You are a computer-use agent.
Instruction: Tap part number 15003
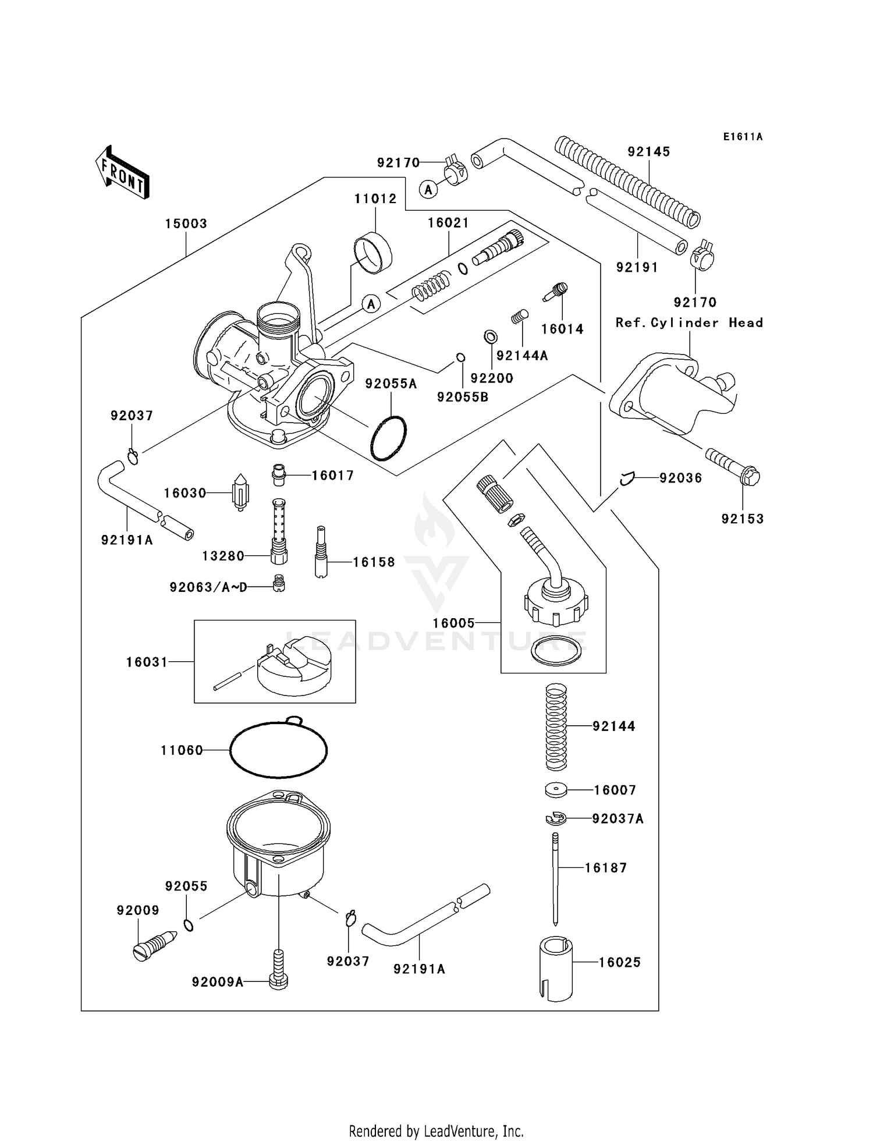point(186,224)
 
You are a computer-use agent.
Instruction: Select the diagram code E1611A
point(743,137)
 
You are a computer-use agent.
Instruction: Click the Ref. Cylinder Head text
point(689,322)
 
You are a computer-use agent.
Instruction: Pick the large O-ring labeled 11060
point(278,750)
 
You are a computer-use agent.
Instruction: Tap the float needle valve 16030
point(240,492)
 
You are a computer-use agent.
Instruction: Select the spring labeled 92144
point(556,726)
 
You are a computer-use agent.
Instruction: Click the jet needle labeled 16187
point(556,879)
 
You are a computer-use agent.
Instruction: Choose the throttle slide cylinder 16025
point(556,969)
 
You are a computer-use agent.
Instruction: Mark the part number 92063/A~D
point(208,587)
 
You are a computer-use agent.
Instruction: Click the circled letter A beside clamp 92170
point(428,189)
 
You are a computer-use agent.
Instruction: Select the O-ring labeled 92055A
point(388,438)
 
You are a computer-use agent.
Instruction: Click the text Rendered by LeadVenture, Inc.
point(436,1131)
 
